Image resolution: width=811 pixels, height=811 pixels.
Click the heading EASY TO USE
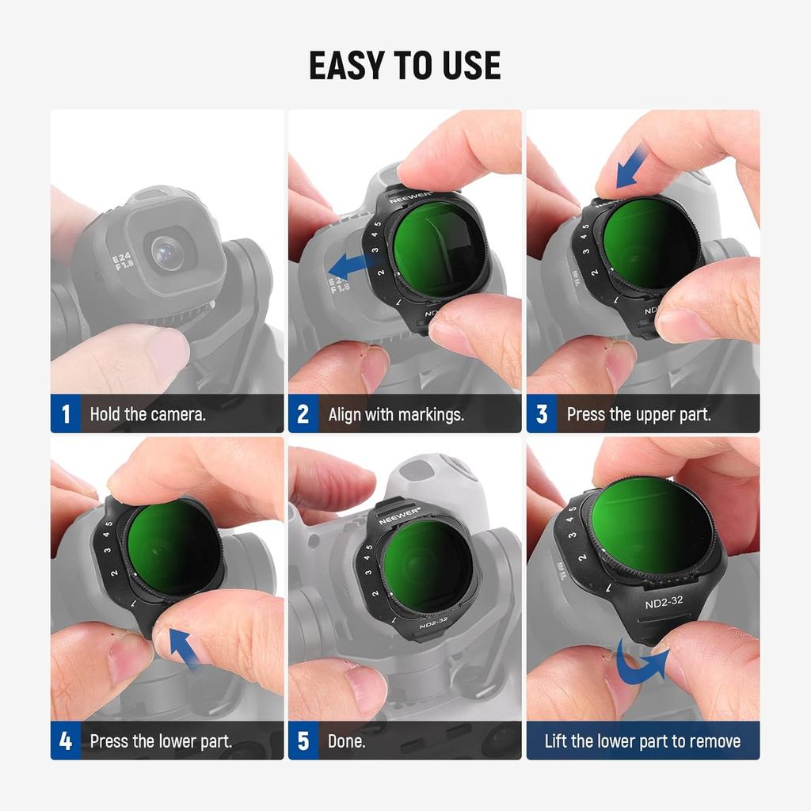pos(405,66)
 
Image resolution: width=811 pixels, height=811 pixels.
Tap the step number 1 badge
pos(66,413)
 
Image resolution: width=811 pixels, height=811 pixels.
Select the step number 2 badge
pos(303,413)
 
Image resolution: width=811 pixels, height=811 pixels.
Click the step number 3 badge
pos(542,413)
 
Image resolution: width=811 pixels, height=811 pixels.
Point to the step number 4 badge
pos(66,741)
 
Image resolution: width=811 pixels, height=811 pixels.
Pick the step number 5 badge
pos(303,741)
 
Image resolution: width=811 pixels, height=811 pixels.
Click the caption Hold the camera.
pos(148,414)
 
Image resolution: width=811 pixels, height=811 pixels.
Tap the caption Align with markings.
pos(396,415)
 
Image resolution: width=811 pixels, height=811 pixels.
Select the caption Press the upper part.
pos(639,415)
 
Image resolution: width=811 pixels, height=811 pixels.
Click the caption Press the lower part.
pos(161,741)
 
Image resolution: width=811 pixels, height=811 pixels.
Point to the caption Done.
pos(347,741)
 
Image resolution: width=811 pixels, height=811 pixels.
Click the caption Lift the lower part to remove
pos(642,741)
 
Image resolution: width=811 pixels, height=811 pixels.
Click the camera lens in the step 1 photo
pos(167,253)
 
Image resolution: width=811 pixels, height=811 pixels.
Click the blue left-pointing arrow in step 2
pos(354,267)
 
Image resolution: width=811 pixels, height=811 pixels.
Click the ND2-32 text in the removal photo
pos(664,602)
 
